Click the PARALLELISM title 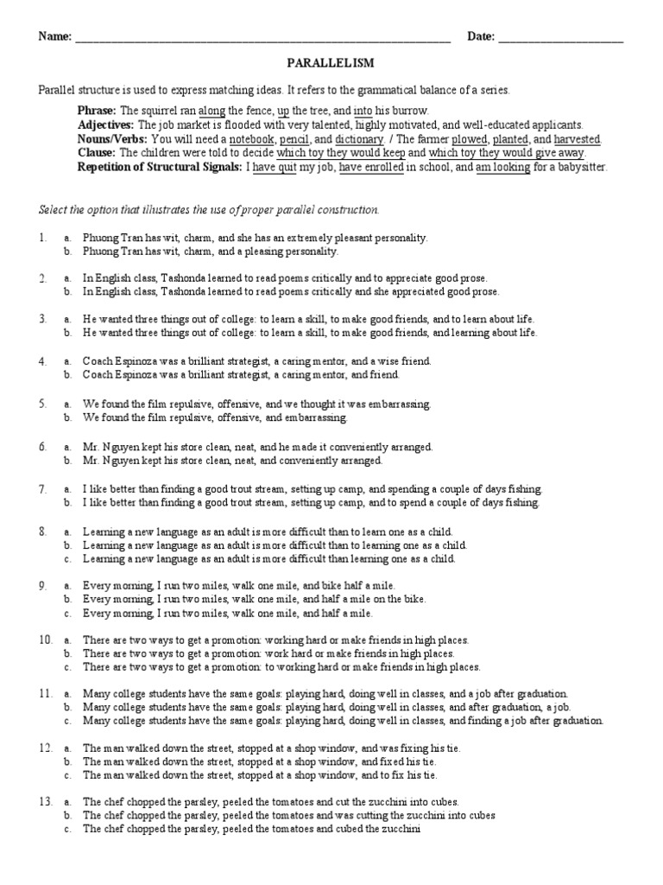[331, 63]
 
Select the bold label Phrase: [97, 111]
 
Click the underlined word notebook [252, 139]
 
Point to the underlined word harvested [578, 139]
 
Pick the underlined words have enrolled [370, 167]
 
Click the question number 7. [42, 488]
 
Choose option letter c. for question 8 [66, 558]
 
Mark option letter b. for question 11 [66, 707]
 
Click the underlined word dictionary [358, 139]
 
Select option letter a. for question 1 [66, 237]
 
